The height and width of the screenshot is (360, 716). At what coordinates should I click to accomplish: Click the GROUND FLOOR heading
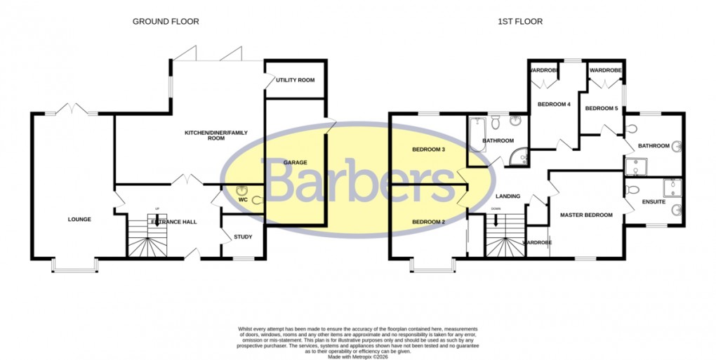(x=166, y=22)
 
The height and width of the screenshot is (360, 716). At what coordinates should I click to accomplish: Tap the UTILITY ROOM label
(x=295, y=80)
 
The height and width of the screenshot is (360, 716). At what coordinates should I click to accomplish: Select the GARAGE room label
(x=296, y=163)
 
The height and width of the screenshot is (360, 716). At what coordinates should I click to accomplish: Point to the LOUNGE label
(x=79, y=220)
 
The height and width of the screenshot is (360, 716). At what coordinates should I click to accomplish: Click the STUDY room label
(x=243, y=236)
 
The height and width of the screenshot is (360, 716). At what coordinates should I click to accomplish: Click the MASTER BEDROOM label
(x=586, y=215)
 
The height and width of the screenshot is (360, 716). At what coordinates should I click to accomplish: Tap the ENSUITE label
(x=654, y=202)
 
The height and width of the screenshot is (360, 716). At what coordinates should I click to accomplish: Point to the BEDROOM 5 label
(x=602, y=108)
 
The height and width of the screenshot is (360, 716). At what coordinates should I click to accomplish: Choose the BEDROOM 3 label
(x=429, y=149)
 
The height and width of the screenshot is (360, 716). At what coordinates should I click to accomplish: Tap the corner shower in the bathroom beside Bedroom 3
(x=520, y=157)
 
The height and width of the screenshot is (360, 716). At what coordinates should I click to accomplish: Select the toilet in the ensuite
(x=633, y=190)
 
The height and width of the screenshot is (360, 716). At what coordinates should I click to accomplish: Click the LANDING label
(x=508, y=196)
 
